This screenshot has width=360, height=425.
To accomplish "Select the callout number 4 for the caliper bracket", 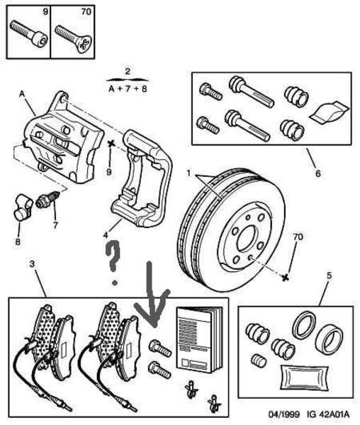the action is click(x=106, y=234).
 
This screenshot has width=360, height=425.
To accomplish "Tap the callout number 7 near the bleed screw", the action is click(x=55, y=225).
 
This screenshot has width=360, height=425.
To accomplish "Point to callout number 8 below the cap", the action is click(x=18, y=242).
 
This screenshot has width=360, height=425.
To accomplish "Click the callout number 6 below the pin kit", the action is click(x=318, y=174).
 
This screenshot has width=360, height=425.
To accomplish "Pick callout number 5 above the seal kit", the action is click(x=329, y=276).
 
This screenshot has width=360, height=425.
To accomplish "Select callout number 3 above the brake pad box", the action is click(x=33, y=263).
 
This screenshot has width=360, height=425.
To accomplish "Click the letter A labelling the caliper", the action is click(x=22, y=94).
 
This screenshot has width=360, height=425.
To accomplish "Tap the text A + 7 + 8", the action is click(x=128, y=89).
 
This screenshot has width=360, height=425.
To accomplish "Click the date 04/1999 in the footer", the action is click(x=284, y=414).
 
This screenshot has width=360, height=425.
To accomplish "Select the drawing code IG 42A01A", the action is click(x=328, y=414).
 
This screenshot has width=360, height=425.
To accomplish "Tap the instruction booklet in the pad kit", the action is click(x=200, y=340).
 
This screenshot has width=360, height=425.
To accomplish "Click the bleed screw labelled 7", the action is click(x=48, y=200).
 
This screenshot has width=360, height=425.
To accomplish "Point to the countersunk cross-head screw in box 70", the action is click(x=73, y=39).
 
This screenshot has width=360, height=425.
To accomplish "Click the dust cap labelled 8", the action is click(x=22, y=208).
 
